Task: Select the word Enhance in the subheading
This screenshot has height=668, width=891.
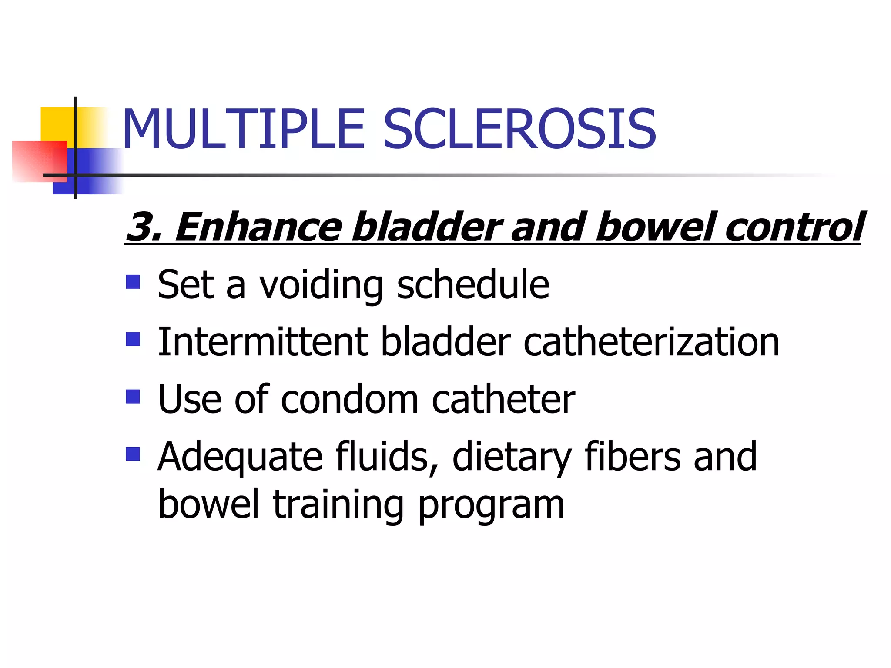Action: [x=258, y=227]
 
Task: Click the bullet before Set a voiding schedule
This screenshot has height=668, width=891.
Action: [x=133, y=282]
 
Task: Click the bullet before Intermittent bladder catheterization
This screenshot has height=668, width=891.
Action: [x=133, y=339]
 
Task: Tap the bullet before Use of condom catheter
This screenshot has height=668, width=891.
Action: [x=133, y=397]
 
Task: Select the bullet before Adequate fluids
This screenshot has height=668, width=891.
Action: [x=133, y=454]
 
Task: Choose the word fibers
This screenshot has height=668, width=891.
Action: [x=633, y=457]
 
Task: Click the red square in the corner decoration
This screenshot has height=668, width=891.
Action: [x=39, y=161]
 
